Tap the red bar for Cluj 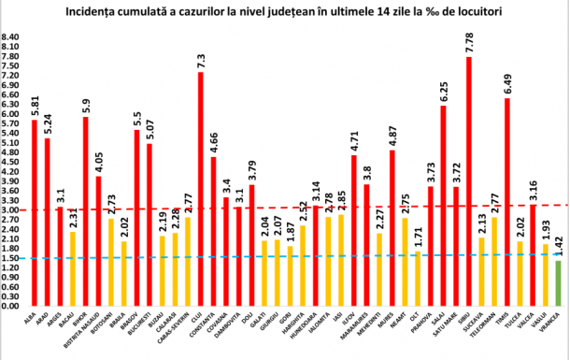tap(201, 188)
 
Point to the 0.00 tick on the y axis tap(12, 306)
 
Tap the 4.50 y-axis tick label tap(12, 162)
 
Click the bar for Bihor tap(86, 211)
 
